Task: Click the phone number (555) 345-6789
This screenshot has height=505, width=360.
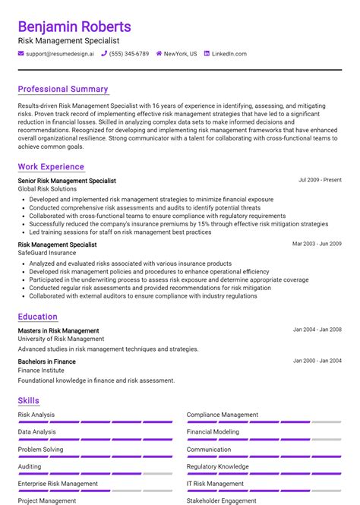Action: coord(129,54)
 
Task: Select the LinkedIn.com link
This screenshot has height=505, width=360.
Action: coord(229,54)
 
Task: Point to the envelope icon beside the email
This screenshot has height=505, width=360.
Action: coord(21,54)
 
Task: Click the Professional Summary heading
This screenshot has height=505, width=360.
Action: coord(63,89)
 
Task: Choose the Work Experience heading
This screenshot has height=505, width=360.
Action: coord(51,166)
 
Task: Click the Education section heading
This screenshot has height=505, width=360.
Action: coord(38,317)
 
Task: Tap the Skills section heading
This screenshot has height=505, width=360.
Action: coord(29,400)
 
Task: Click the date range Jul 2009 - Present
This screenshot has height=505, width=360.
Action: coord(320,180)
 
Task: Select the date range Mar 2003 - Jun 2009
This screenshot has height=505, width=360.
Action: coord(317,244)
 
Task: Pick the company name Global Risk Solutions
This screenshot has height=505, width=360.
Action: coord(47,188)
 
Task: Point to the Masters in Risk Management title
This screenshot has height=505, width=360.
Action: coord(58,331)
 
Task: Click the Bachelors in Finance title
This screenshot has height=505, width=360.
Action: coord(47,361)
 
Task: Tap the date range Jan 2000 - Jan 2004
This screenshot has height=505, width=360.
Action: coord(317,361)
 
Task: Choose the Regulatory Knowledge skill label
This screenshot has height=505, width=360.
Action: coord(217,466)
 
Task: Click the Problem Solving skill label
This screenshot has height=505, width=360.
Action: coord(41,449)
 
